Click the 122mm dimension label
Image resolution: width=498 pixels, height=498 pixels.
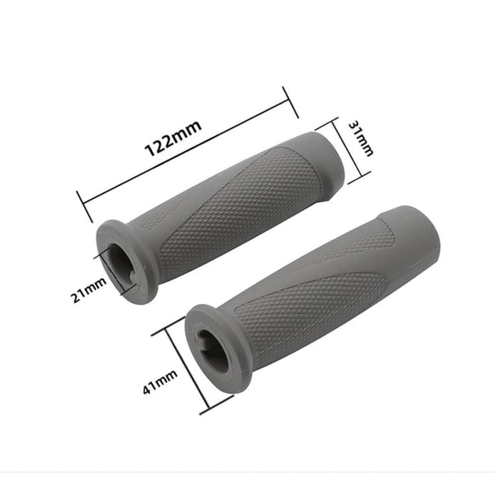pyautogui.click(x=174, y=139)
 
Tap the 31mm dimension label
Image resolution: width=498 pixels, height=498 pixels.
pyautogui.click(x=360, y=138)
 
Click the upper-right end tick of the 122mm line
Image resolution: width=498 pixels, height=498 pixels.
pyautogui.click(x=290, y=102)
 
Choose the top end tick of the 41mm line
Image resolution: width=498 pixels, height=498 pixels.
pyautogui.click(x=169, y=324)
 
